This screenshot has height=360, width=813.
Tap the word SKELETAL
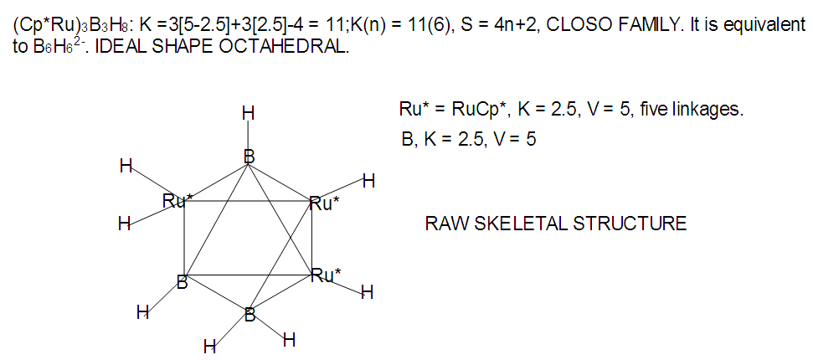[518, 224]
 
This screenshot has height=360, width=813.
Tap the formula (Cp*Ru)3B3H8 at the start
[71, 27]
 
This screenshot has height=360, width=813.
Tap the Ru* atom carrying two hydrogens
[173, 201]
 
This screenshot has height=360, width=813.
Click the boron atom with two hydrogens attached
[250, 315]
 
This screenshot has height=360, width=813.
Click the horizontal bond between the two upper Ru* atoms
[248, 200]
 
